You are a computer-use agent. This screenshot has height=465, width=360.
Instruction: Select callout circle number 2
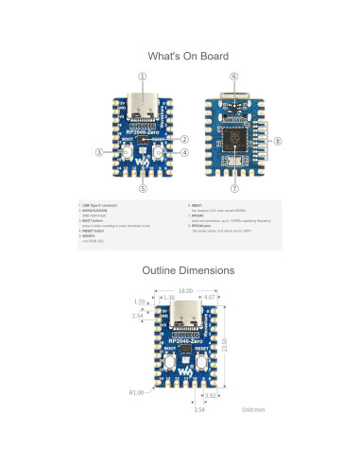click(184, 139)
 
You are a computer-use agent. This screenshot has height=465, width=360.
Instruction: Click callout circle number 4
click(184, 151)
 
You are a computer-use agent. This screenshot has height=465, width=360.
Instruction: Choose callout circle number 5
click(143, 186)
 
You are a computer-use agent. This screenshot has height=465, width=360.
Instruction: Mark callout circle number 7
click(233, 187)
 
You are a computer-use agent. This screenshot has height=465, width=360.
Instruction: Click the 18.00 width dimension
click(185, 291)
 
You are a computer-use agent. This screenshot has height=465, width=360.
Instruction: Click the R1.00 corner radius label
click(136, 389)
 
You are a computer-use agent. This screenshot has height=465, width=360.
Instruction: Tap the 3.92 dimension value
click(212, 397)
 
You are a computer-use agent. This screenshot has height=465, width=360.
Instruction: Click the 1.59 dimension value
click(139, 302)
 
